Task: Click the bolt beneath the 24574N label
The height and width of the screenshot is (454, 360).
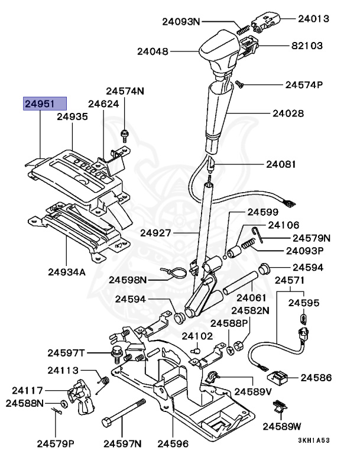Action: (125, 135)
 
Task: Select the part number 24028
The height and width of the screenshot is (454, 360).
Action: (288, 112)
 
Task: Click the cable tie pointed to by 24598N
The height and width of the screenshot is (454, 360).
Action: (176, 273)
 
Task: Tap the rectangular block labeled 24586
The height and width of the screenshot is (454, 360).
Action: (278, 377)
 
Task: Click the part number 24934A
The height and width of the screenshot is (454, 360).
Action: (67, 273)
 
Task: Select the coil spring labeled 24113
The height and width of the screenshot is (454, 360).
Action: (103, 382)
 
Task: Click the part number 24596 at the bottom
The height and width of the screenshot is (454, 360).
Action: (173, 443)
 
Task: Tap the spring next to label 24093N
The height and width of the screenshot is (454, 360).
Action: (242, 27)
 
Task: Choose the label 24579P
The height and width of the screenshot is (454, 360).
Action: (55, 443)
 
